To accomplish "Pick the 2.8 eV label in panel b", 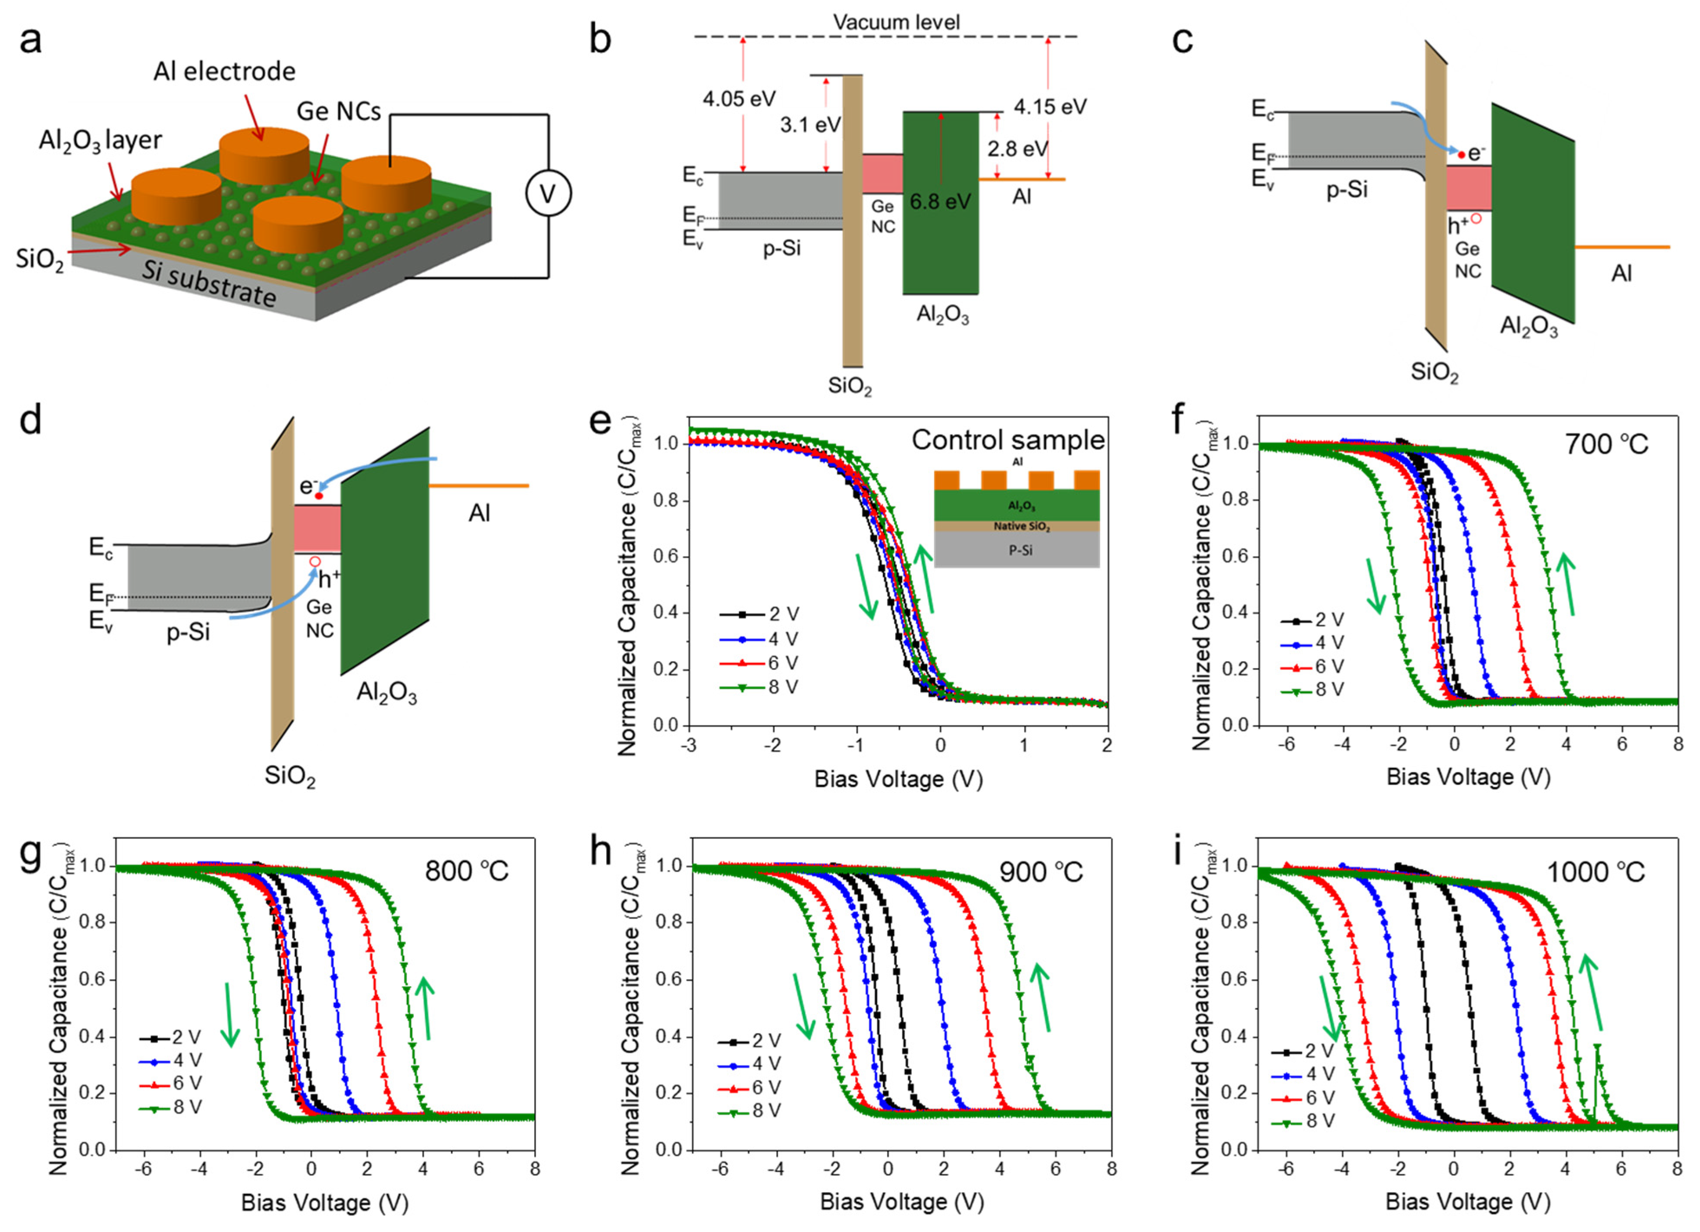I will (x=1017, y=149).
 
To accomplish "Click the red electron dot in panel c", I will (x=1461, y=154).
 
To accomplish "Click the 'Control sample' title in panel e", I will (x=1007, y=440).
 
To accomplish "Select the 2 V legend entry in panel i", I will (x=1304, y=1051).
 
